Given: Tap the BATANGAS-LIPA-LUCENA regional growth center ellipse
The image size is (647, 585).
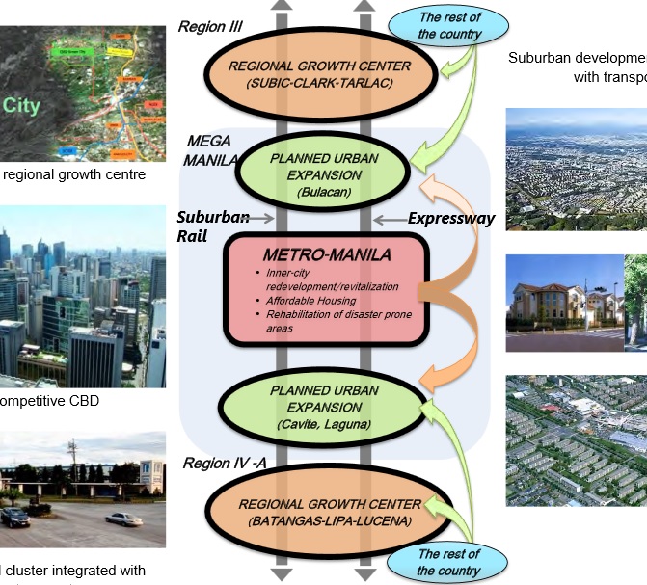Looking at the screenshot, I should [x=329, y=512].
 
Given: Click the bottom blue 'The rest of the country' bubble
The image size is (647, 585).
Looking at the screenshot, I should [x=448, y=562].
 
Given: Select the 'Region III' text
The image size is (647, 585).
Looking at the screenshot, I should [x=212, y=26].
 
